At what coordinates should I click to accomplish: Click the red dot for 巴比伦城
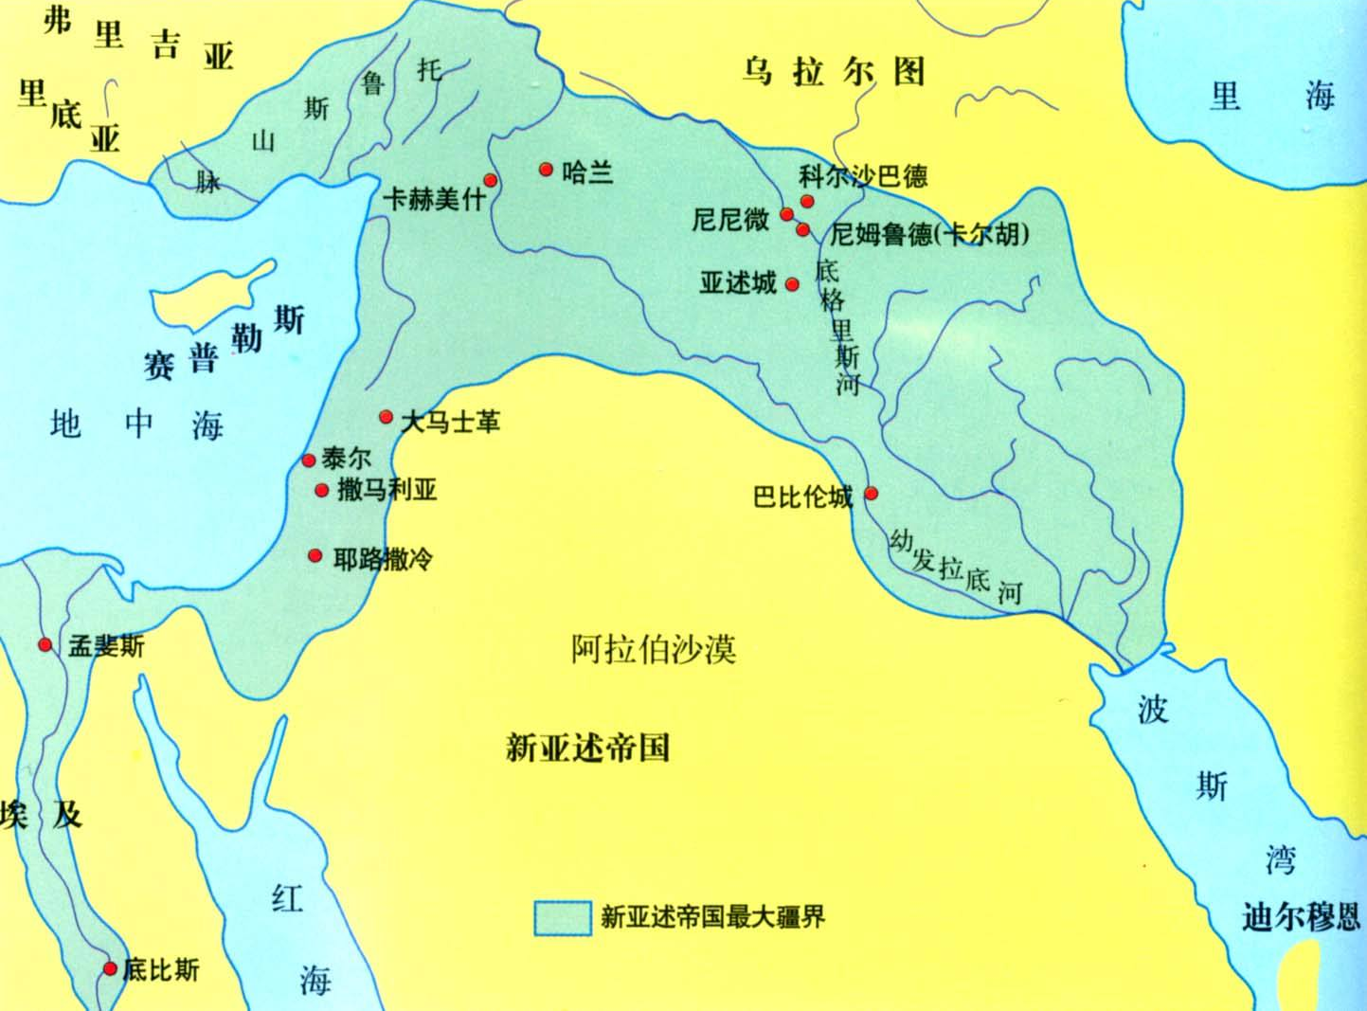click(x=872, y=493)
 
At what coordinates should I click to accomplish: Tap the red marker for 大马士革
click(x=386, y=417)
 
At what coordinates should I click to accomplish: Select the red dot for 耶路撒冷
click(x=315, y=555)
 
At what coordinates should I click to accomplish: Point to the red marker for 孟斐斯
click(x=45, y=645)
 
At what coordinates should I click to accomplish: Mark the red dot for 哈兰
click(x=546, y=170)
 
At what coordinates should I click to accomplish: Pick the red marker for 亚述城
click(x=793, y=284)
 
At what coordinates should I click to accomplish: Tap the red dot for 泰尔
click(x=308, y=460)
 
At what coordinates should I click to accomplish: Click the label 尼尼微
click(x=730, y=220)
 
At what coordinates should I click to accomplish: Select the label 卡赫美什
click(x=434, y=199)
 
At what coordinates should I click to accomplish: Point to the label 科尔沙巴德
click(x=863, y=176)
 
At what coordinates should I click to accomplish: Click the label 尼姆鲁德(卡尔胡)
click(x=929, y=234)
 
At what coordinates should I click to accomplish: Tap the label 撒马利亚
click(x=387, y=490)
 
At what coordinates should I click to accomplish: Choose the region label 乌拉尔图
click(x=834, y=72)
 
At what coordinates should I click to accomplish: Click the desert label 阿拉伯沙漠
click(x=654, y=649)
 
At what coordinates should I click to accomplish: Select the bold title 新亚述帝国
click(x=587, y=748)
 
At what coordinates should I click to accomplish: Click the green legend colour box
click(x=563, y=917)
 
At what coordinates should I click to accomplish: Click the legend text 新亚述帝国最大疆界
click(x=713, y=917)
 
